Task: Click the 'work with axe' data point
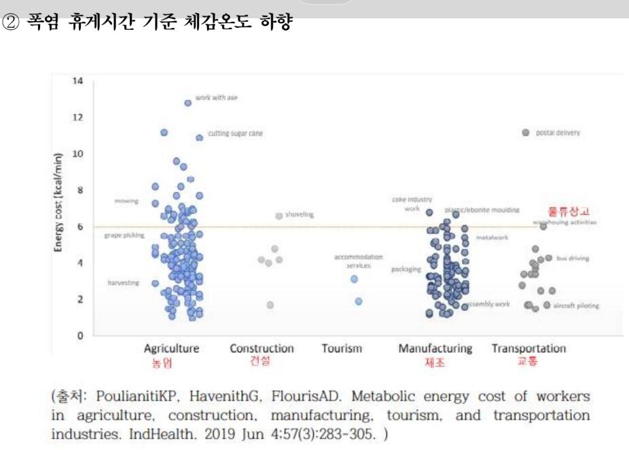click(x=187, y=103)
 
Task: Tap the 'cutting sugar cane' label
click(x=230, y=134)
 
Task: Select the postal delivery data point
click(x=525, y=133)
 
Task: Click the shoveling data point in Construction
click(x=278, y=216)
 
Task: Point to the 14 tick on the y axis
click(x=77, y=81)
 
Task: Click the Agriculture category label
click(x=171, y=349)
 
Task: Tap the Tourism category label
click(x=342, y=349)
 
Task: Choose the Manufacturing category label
click(x=435, y=349)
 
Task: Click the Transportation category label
click(x=528, y=349)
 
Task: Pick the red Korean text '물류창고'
click(x=569, y=211)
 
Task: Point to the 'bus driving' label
click(x=572, y=259)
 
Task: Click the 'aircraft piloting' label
click(x=576, y=305)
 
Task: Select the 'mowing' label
click(x=127, y=202)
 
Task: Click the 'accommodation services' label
click(x=359, y=261)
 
